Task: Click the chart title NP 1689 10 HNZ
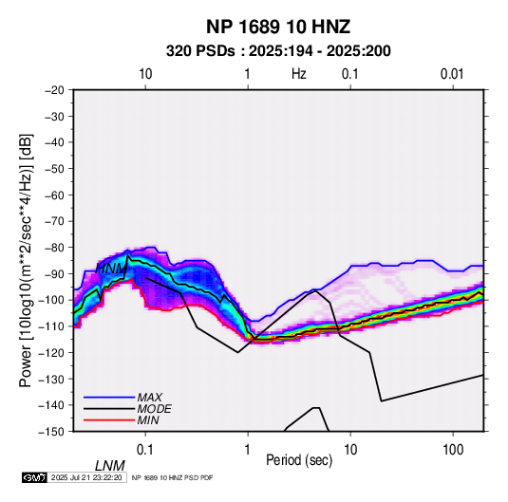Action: [x=278, y=27]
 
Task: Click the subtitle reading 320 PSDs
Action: [x=200, y=51]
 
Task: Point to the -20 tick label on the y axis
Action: [x=54, y=90]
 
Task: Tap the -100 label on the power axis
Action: [x=51, y=300]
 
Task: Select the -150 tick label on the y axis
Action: [x=51, y=432]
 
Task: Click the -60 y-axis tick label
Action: [x=54, y=195]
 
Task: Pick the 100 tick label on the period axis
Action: [x=453, y=450]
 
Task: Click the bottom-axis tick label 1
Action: [x=248, y=450]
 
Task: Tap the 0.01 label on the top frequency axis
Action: [x=452, y=74]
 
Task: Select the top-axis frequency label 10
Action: [x=145, y=74]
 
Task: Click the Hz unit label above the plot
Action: [x=299, y=74]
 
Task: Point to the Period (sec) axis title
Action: [x=299, y=460]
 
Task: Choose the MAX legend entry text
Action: [x=150, y=397]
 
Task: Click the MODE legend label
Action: [x=154, y=409]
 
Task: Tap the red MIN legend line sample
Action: [x=109, y=420]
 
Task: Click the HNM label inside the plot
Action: [x=111, y=269]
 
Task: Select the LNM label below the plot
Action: [x=110, y=466]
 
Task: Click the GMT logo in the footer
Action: [x=35, y=477]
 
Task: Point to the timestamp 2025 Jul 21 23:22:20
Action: [x=86, y=477]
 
